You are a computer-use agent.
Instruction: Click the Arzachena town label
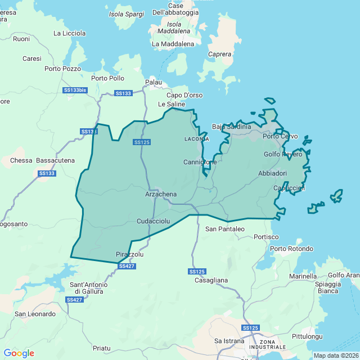click(x=161, y=194)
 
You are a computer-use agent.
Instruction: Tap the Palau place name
click(x=154, y=82)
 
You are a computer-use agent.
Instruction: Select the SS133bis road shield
click(x=75, y=90)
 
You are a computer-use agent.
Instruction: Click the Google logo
click(x=19, y=353)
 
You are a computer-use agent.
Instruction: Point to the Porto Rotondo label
click(x=292, y=249)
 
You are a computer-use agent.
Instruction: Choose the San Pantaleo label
click(x=225, y=229)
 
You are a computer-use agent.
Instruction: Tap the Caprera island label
click(x=219, y=55)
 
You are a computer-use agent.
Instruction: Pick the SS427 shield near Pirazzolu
click(x=127, y=265)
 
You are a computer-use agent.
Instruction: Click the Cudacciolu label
click(x=154, y=222)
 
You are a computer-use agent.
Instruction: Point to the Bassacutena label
click(x=55, y=160)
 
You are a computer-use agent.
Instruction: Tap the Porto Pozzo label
click(x=63, y=69)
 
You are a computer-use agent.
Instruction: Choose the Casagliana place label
click(x=211, y=280)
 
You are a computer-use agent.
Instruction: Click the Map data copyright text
click(x=335, y=355)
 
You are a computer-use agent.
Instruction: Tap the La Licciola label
click(x=70, y=33)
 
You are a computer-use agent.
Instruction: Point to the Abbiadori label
click(x=273, y=173)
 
